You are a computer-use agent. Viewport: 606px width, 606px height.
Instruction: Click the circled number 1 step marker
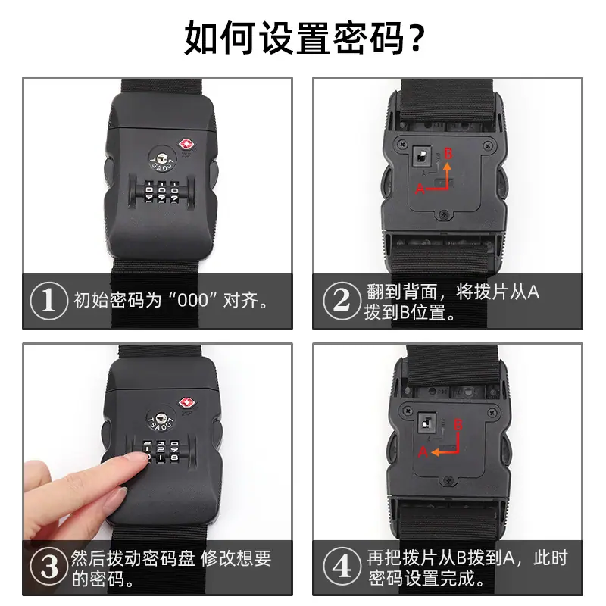pos(48,300)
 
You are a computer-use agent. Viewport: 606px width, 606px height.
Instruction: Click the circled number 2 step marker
pos(342,300)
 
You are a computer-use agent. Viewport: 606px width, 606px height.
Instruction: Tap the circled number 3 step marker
pos(48,567)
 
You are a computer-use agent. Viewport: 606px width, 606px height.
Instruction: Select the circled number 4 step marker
pos(342,567)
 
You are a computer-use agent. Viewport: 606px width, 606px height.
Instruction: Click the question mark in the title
pos(417,38)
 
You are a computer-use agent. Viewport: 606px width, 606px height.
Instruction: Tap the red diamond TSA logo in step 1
pos(186,145)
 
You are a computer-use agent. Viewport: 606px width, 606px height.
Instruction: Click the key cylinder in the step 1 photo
pos(163,158)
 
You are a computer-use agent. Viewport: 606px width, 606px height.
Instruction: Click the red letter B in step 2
pos(448,154)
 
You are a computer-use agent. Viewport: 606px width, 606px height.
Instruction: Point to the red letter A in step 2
pos(420,189)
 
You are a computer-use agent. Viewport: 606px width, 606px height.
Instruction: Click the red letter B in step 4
pos(458,424)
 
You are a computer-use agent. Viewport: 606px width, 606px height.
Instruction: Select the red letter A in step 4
pos(423,451)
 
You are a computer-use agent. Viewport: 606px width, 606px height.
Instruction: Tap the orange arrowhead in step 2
pos(447,167)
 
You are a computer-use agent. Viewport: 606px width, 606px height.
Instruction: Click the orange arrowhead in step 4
pos(436,452)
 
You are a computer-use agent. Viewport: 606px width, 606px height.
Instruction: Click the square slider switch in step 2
pos(422,155)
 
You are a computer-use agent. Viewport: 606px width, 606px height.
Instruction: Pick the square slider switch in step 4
pos(427,423)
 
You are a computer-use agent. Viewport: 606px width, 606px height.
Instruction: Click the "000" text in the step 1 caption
pos(192,300)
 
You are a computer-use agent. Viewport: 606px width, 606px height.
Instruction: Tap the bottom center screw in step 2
pos(445,214)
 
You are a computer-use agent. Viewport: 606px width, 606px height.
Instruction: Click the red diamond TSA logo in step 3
pos(186,403)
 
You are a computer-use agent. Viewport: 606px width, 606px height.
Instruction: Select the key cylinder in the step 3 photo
pos(161,418)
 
